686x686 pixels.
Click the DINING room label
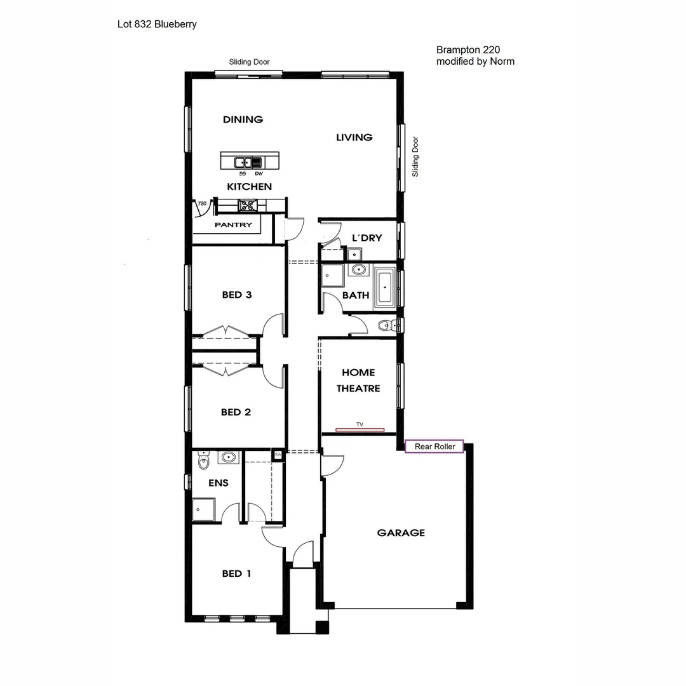(243, 119)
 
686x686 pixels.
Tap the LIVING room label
(354, 137)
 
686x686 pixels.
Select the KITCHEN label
(249, 187)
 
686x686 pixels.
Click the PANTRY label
(233, 225)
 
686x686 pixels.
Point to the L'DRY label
(367, 238)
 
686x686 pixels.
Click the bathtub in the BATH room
(385, 288)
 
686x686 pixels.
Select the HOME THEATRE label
(358, 380)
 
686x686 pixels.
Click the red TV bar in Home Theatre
(360, 430)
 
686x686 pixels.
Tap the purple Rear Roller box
(434, 447)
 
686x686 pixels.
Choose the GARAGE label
(401, 533)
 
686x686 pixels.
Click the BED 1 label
(236, 574)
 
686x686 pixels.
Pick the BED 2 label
(236, 412)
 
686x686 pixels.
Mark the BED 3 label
(236, 295)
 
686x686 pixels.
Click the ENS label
(219, 483)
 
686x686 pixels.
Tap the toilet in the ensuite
(203, 461)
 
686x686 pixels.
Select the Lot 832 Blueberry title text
(157, 25)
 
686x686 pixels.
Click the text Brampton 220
(464, 50)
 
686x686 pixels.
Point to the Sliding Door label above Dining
(249, 62)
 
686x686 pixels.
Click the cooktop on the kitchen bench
(246, 205)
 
